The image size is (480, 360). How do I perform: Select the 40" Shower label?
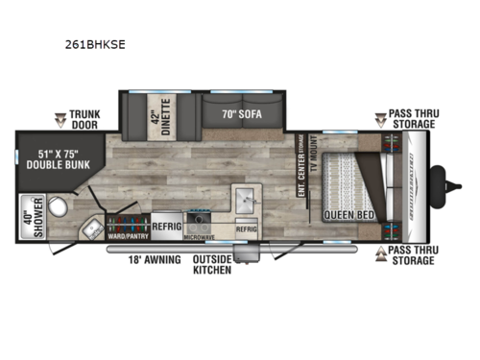pyautogui.click(x=25, y=217)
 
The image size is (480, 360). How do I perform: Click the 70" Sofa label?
pyautogui.click(x=242, y=116)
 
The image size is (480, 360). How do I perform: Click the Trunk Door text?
pyautogui.click(x=86, y=119)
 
